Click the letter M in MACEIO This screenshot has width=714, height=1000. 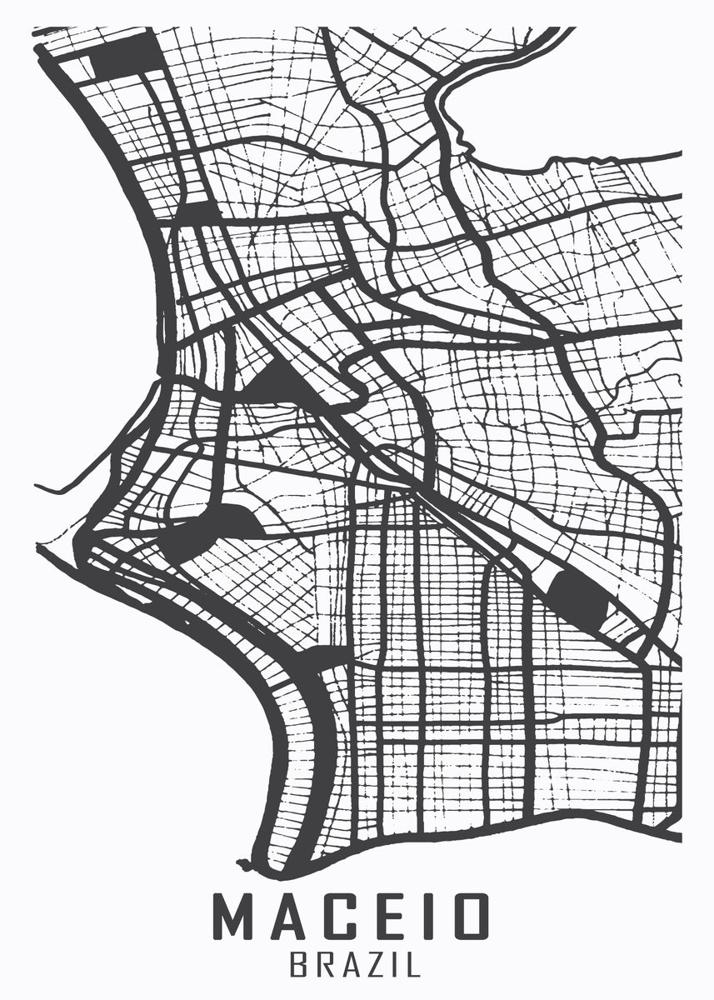[x=236, y=917]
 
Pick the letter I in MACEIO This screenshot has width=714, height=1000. [x=430, y=917]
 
